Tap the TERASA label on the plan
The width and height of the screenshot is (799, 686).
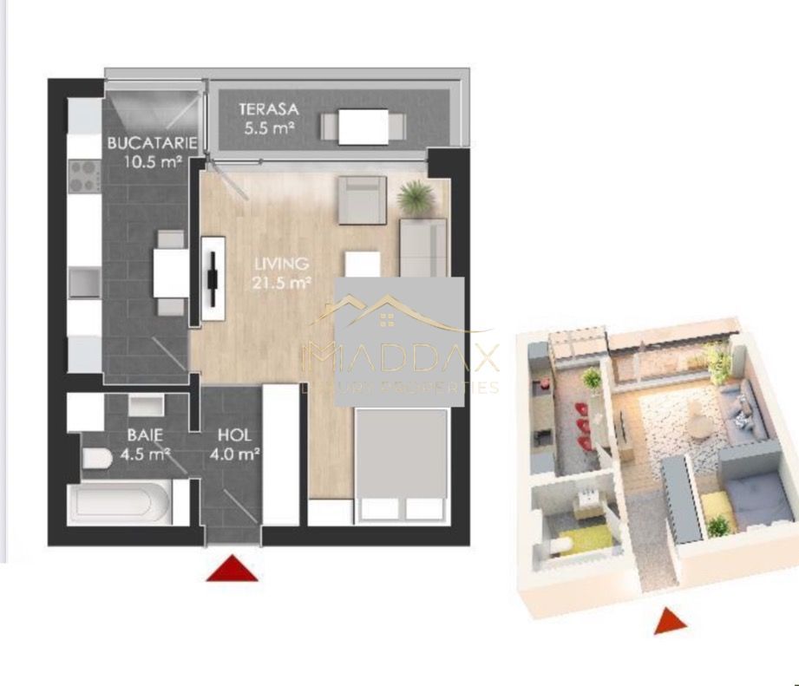coord(269,110)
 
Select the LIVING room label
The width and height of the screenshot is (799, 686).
coord(281,263)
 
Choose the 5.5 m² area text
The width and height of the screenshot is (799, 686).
coord(269,128)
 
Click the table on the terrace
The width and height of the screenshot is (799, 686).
coord(363,127)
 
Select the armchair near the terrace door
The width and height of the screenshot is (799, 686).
coord(361,199)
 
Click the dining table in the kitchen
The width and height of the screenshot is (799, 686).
coord(170,271)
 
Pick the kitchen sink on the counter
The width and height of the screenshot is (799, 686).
coord(85,283)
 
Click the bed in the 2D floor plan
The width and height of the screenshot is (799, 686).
coord(402,464)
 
